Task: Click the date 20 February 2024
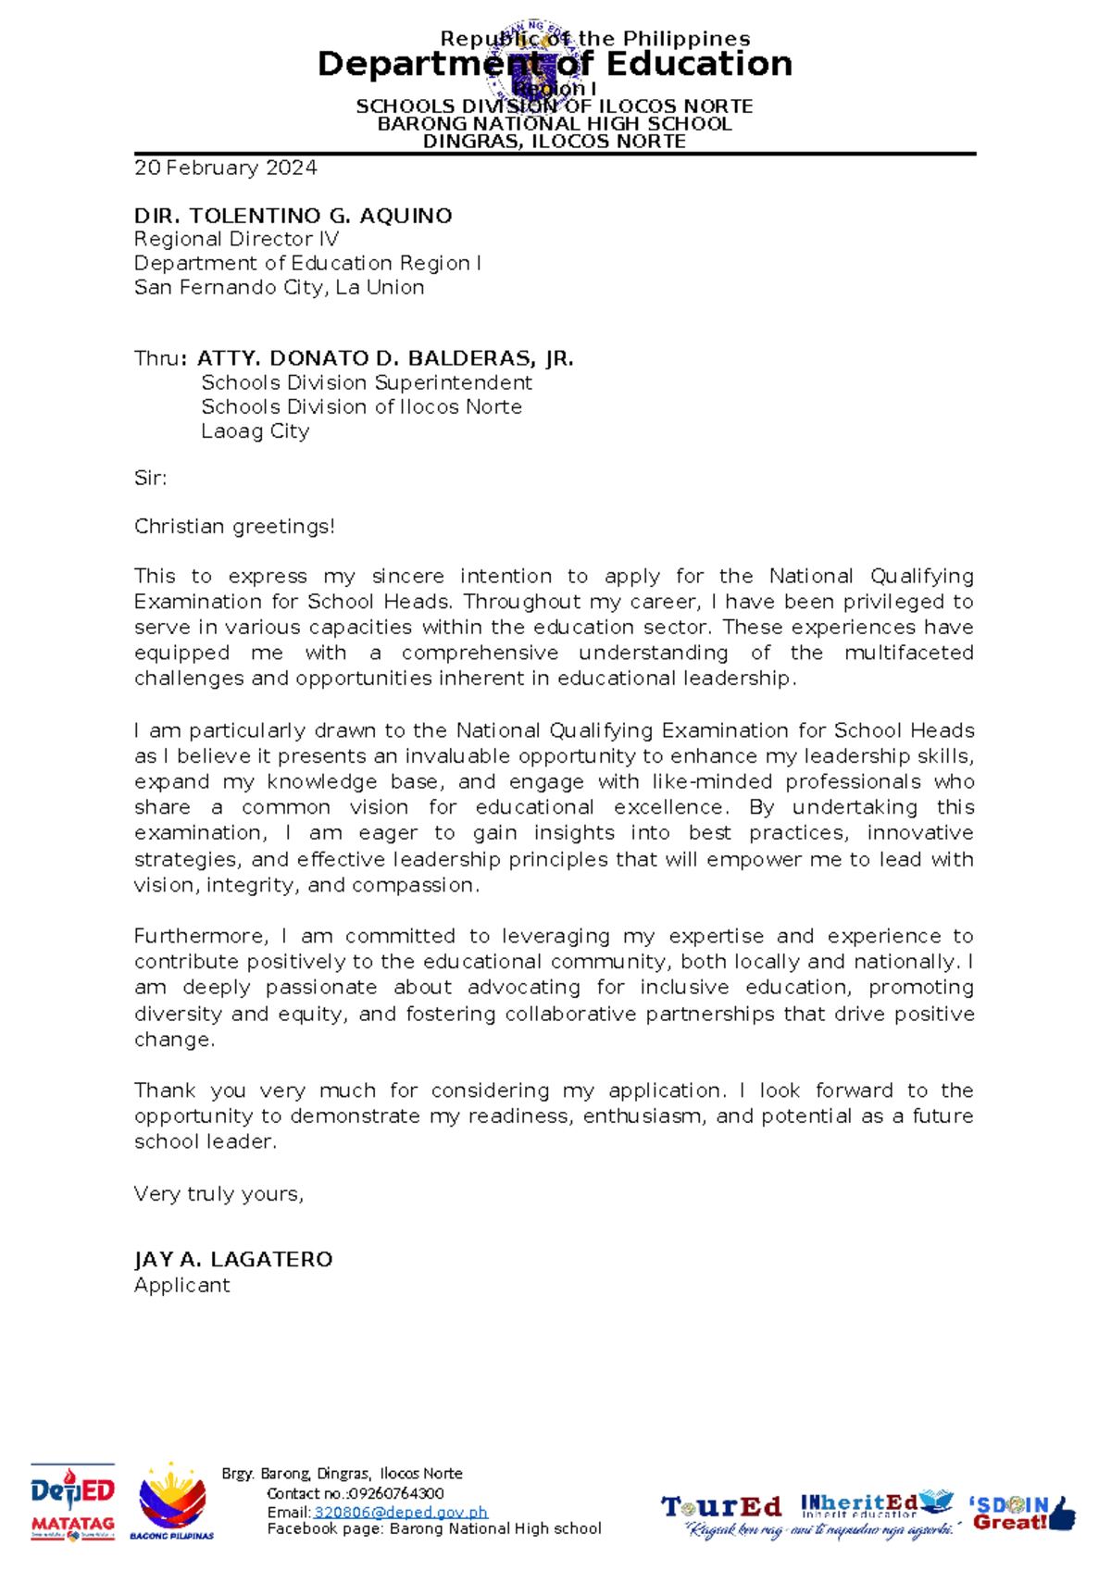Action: coord(225,168)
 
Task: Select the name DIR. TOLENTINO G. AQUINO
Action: coord(293,216)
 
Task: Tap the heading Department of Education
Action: coord(555,64)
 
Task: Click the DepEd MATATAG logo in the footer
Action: coord(72,1502)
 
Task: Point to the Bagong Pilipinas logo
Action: coord(171,1502)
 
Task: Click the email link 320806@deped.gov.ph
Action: coord(400,1512)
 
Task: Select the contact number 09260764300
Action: coord(395,1493)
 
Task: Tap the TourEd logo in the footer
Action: coord(721,1506)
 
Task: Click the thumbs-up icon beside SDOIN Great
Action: coord(1063,1514)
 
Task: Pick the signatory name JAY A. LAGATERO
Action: coord(233,1260)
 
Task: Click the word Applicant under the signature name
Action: coord(181,1286)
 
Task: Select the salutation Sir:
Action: coord(150,479)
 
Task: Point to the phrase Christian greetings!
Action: coord(234,527)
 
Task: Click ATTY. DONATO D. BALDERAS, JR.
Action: coord(385,358)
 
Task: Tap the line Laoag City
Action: coord(255,431)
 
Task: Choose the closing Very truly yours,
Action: coord(218,1194)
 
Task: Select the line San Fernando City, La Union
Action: coord(279,288)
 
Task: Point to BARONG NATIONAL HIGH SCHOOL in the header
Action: coord(555,124)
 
